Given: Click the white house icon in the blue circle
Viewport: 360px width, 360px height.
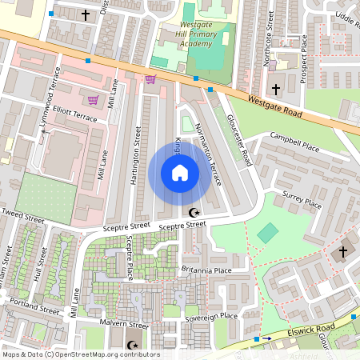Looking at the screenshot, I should pyautogui.click(x=179, y=173).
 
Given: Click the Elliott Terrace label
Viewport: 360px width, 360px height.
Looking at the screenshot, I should pyautogui.click(x=73, y=115).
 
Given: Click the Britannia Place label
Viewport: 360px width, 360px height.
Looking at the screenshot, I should pyautogui.click(x=206, y=270).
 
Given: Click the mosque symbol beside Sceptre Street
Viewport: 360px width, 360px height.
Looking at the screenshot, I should pyautogui.click(x=193, y=213).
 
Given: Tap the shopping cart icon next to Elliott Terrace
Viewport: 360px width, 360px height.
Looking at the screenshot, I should pyautogui.click(x=93, y=100).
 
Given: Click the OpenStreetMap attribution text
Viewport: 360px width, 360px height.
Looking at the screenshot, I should pyautogui.click(x=81, y=354).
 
